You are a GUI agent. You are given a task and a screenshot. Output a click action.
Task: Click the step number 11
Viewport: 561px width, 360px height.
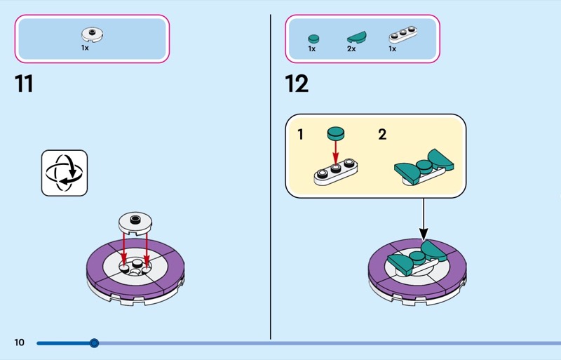pyautogui.click(x=24, y=84)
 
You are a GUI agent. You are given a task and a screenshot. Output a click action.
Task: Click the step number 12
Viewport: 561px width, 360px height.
pyautogui.click(x=297, y=84)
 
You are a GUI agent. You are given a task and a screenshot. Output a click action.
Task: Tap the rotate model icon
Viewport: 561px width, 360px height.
pyautogui.click(x=65, y=173)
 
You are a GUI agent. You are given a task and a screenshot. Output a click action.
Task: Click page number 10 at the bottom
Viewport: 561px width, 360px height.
pyautogui.click(x=19, y=342)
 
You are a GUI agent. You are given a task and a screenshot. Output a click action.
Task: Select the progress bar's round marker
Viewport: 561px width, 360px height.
pyautogui.click(x=94, y=343)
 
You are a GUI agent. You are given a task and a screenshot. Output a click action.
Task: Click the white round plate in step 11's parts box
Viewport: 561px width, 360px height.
pyautogui.click(x=91, y=33)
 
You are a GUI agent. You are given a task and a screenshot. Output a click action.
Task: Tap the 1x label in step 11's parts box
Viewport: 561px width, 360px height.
pyautogui.click(x=85, y=48)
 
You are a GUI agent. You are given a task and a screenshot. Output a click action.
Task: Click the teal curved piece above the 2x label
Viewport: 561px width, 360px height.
pyautogui.click(x=357, y=36)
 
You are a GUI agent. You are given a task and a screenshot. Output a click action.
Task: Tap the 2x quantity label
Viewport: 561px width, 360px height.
pyautogui.click(x=352, y=49)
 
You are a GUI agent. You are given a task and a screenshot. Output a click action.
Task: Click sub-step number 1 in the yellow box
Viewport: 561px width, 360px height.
pyautogui.click(x=301, y=134)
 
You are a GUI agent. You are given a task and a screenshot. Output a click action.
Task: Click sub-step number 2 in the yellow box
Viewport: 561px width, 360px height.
pyautogui.click(x=382, y=134)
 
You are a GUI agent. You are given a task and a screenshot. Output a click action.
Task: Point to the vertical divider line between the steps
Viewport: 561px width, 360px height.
pyautogui.click(x=271, y=175)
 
